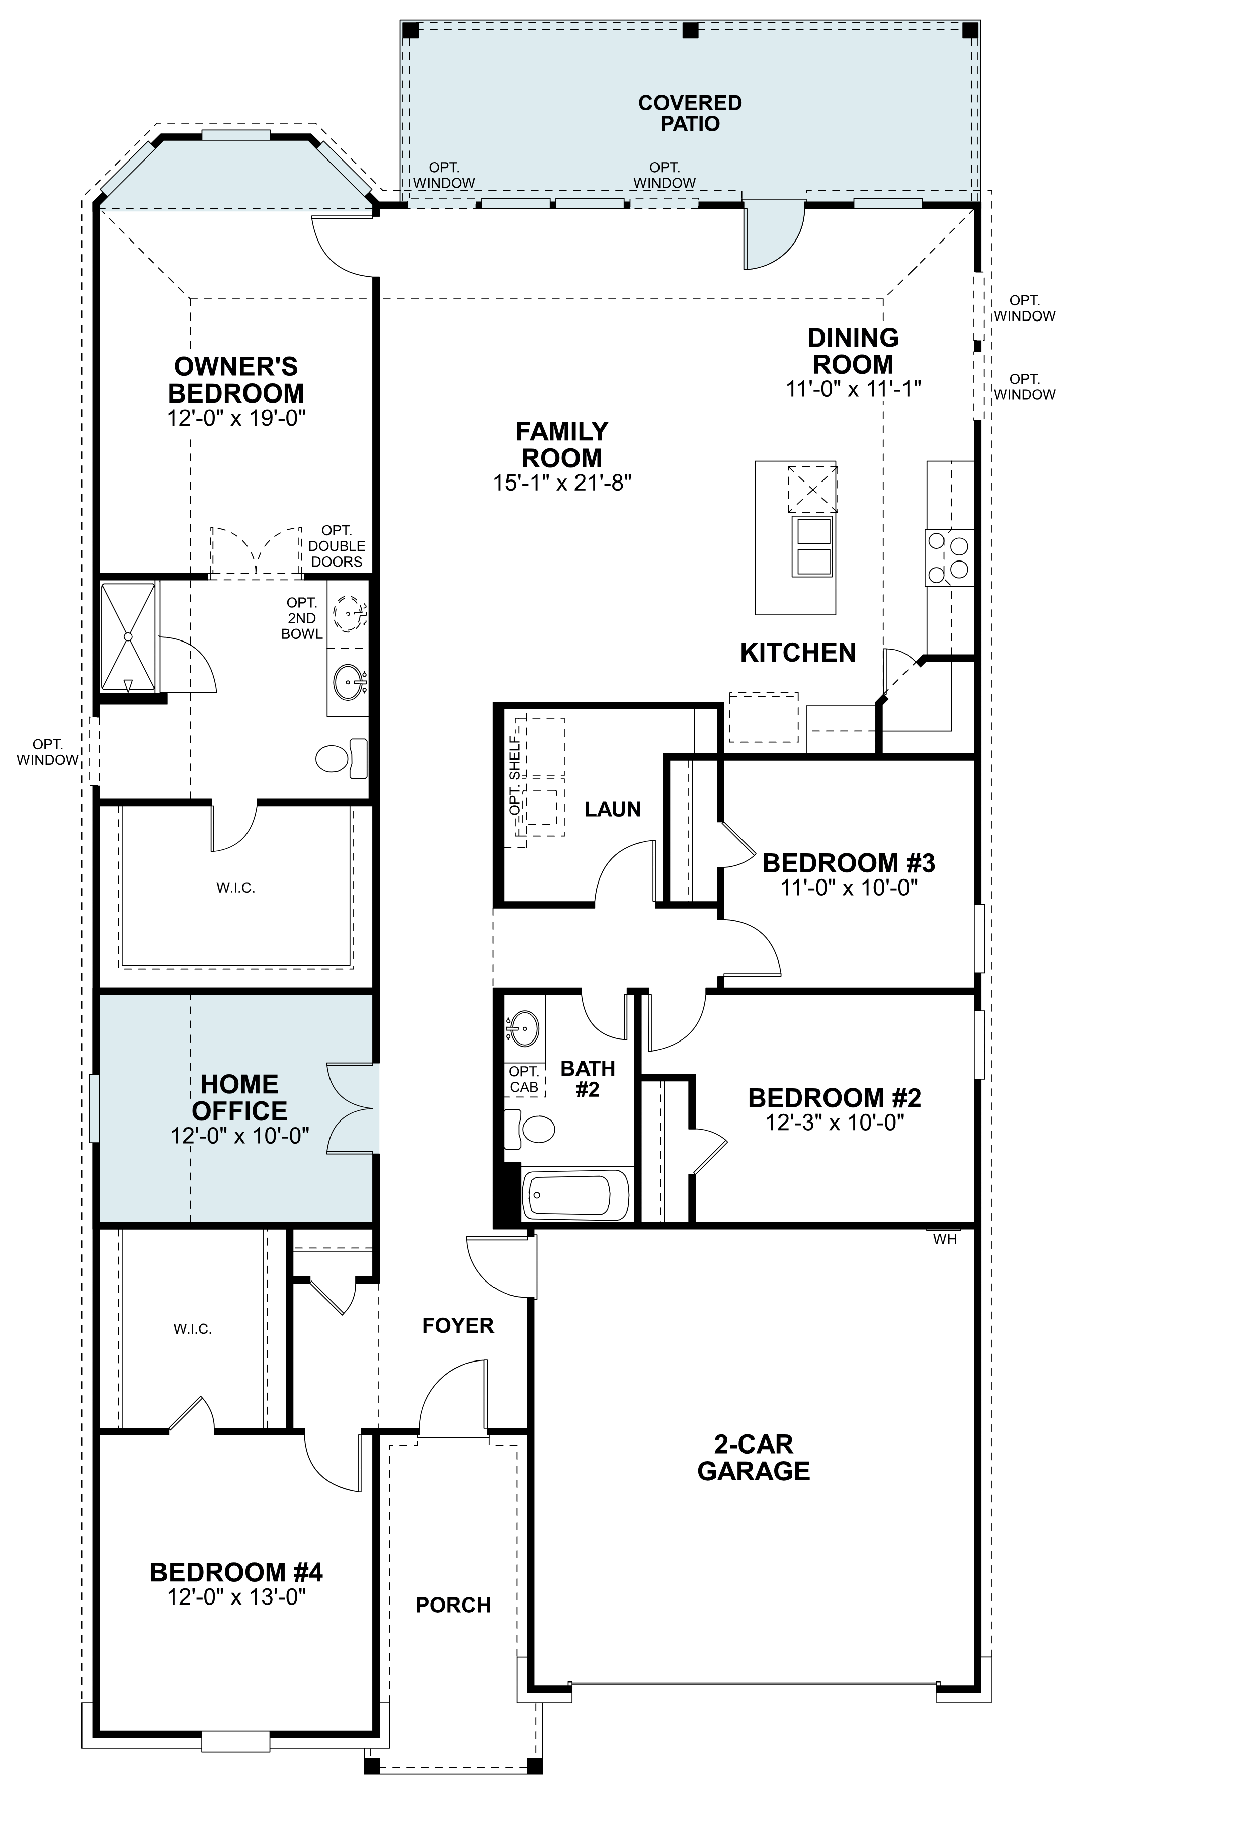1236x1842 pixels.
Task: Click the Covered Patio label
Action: point(690,114)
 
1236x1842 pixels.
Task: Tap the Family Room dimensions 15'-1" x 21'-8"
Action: point(562,483)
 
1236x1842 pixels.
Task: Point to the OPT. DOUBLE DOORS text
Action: point(337,546)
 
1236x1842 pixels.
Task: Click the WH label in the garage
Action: point(944,1240)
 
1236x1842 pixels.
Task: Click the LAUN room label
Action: point(613,809)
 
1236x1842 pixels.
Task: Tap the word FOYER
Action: point(458,1326)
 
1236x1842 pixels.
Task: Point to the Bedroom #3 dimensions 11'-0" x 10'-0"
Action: point(849,888)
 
